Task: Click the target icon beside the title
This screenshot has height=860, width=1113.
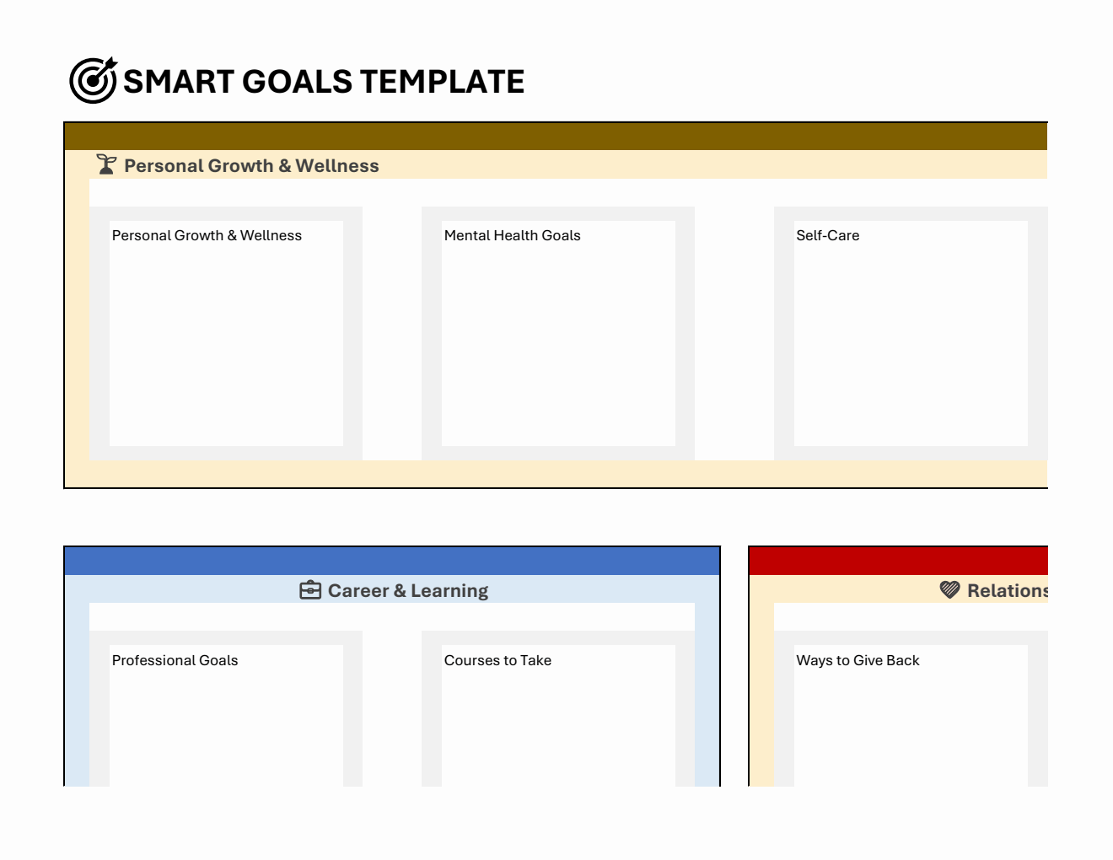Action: coord(93,81)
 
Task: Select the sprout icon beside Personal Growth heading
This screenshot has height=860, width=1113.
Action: coord(106,164)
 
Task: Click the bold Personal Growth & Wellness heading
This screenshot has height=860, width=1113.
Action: coord(251,166)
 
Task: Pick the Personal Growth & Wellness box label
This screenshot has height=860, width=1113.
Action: coord(207,235)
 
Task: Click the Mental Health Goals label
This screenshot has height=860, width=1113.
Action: coord(512,235)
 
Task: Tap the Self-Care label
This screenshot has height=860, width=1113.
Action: coord(827,235)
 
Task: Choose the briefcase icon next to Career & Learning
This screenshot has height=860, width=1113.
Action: coord(310,590)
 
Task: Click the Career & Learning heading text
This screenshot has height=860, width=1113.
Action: coord(408,591)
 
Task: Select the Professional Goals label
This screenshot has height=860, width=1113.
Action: coord(175,660)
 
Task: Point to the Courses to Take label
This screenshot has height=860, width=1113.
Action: coord(497,660)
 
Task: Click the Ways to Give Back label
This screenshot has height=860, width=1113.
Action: coord(858,660)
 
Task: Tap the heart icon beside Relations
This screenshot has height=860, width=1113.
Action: coord(949,589)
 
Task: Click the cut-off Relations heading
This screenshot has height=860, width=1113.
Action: coord(1007,591)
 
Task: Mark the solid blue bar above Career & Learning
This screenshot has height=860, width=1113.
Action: coord(392,561)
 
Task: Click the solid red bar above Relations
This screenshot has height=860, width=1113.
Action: coord(898,561)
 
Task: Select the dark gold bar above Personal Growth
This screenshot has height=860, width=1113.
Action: coord(556,137)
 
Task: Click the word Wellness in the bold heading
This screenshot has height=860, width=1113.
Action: coord(337,166)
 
